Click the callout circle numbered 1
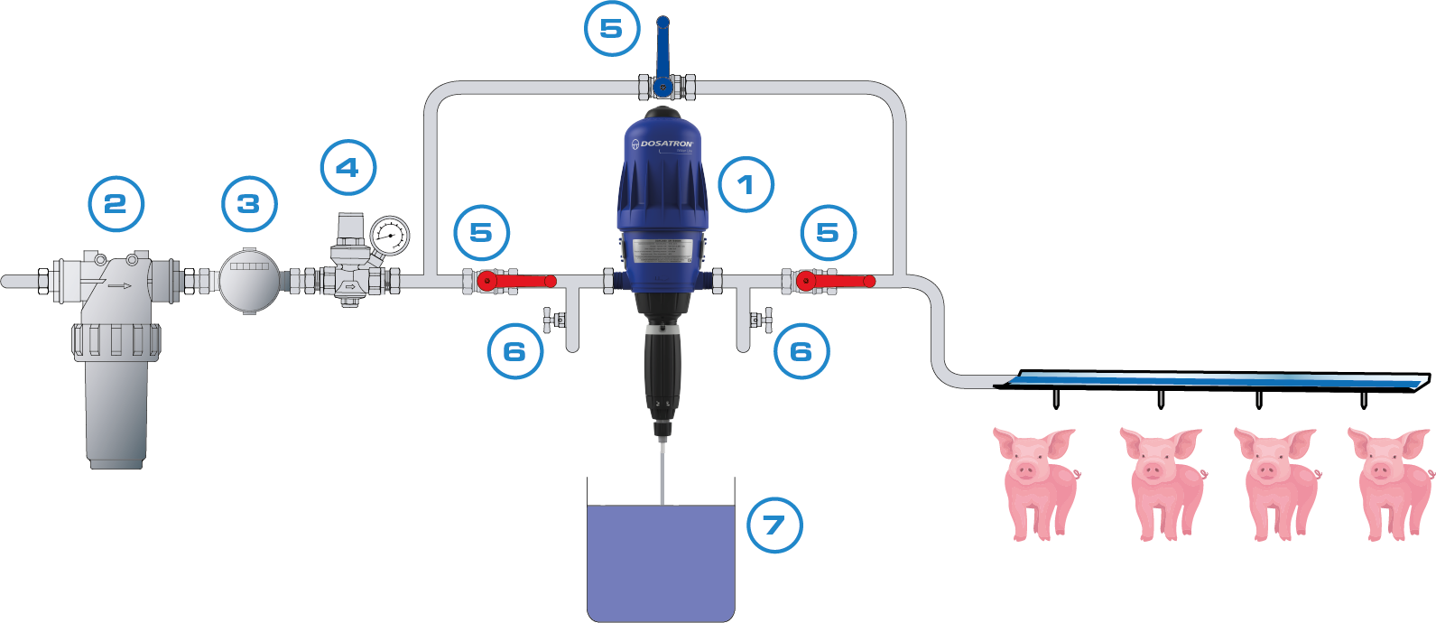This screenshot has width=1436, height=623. pos(746,185)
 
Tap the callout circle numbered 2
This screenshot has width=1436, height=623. pos(116,204)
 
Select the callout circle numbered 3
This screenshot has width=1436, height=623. pos(249,204)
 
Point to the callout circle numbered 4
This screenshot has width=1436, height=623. pos(347,167)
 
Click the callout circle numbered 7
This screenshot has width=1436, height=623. pos(774,525)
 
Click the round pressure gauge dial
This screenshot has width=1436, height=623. pos(389,236)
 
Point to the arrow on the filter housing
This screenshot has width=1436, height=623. pos(118,286)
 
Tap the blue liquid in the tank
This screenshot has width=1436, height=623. pos(661,560)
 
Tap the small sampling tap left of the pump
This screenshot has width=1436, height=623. pos(552,320)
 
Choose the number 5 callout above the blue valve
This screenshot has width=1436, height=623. pos(611,28)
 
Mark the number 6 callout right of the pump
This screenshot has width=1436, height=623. pos(801,351)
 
